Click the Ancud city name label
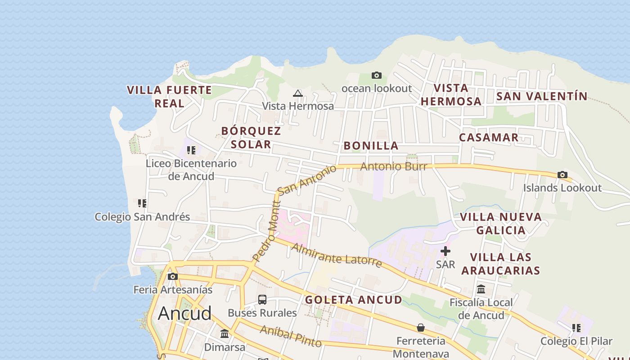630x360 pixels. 184,313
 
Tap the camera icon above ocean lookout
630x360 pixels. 377,75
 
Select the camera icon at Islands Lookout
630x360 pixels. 562,175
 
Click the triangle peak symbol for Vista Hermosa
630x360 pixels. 297,94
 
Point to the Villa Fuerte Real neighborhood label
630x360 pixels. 169,96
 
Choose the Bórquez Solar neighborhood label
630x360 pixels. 251,138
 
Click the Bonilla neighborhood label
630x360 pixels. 371,146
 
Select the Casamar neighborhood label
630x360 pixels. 489,138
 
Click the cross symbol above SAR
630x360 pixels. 445,251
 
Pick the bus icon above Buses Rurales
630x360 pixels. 262,300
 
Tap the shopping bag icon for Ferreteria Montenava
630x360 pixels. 421,327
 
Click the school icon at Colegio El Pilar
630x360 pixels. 576,328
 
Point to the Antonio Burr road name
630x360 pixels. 393,166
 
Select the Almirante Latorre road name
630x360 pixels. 337,255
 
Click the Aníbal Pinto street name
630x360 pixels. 291,336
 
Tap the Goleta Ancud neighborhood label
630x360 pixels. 353,300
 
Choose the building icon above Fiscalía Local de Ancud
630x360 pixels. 481,289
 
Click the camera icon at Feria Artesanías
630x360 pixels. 173,276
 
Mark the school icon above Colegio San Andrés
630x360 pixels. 142,203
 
